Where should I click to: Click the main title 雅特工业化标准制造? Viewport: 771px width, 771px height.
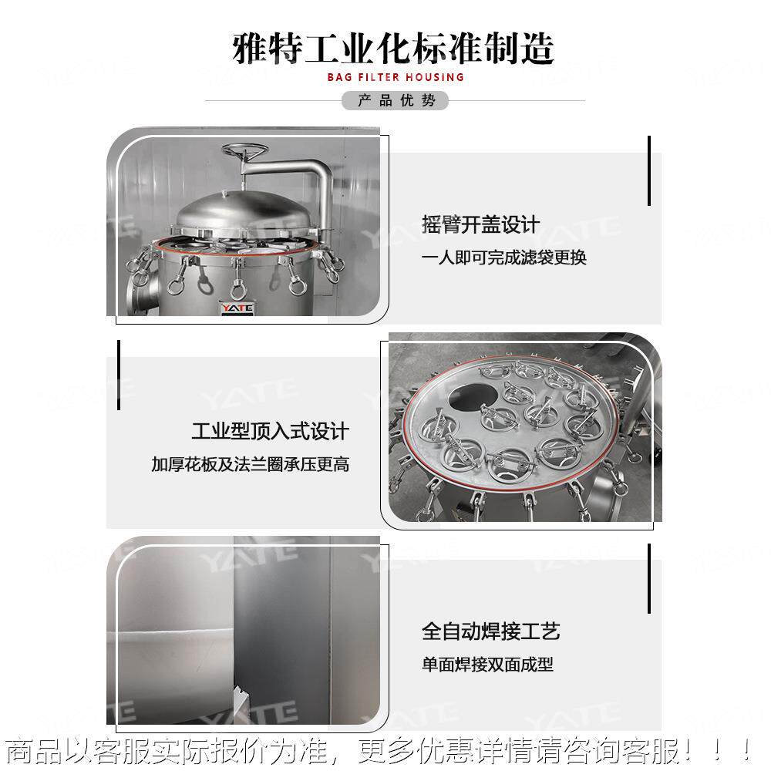click(x=393, y=49)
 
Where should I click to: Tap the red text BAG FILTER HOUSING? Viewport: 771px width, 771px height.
click(x=396, y=77)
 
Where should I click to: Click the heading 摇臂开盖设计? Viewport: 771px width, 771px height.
click(x=481, y=225)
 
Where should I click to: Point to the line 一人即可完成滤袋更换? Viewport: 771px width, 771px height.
click(x=504, y=258)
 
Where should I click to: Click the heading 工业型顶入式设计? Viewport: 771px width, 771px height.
click(x=270, y=431)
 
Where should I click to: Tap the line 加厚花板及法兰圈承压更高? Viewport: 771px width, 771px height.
click(x=250, y=465)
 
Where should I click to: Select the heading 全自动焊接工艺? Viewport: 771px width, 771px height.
click(x=490, y=632)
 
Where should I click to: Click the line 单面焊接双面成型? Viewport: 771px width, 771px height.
click(x=487, y=665)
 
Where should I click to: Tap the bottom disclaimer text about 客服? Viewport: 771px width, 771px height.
click(x=378, y=750)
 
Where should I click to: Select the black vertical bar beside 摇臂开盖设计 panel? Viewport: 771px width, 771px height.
click(x=649, y=170)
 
